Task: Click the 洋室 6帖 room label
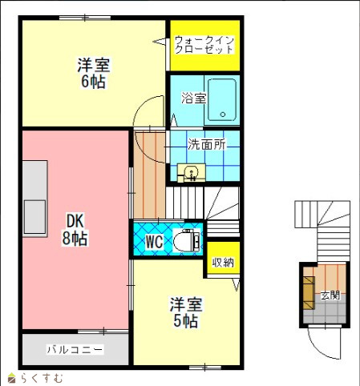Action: [x=93, y=73]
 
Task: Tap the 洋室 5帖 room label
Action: [x=186, y=312]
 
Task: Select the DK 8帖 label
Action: [x=75, y=229]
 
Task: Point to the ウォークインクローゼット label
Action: [x=204, y=45]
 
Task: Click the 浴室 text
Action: [x=194, y=98]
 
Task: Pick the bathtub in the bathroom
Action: [x=222, y=100]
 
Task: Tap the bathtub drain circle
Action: [x=223, y=115]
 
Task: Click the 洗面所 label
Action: [x=207, y=144]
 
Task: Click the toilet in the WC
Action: [x=187, y=239]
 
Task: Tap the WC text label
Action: [x=154, y=242]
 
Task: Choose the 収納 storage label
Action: [x=223, y=263]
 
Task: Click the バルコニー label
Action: [x=75, y=349]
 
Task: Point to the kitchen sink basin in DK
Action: [x=34, y=217]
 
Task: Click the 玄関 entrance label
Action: [x=330, y=296]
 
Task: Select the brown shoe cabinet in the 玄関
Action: [x=309, y=293]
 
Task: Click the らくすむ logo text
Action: [x=42, y=378]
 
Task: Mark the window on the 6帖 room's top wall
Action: [x=85, y=18]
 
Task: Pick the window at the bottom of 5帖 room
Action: [x=205, y=368]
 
